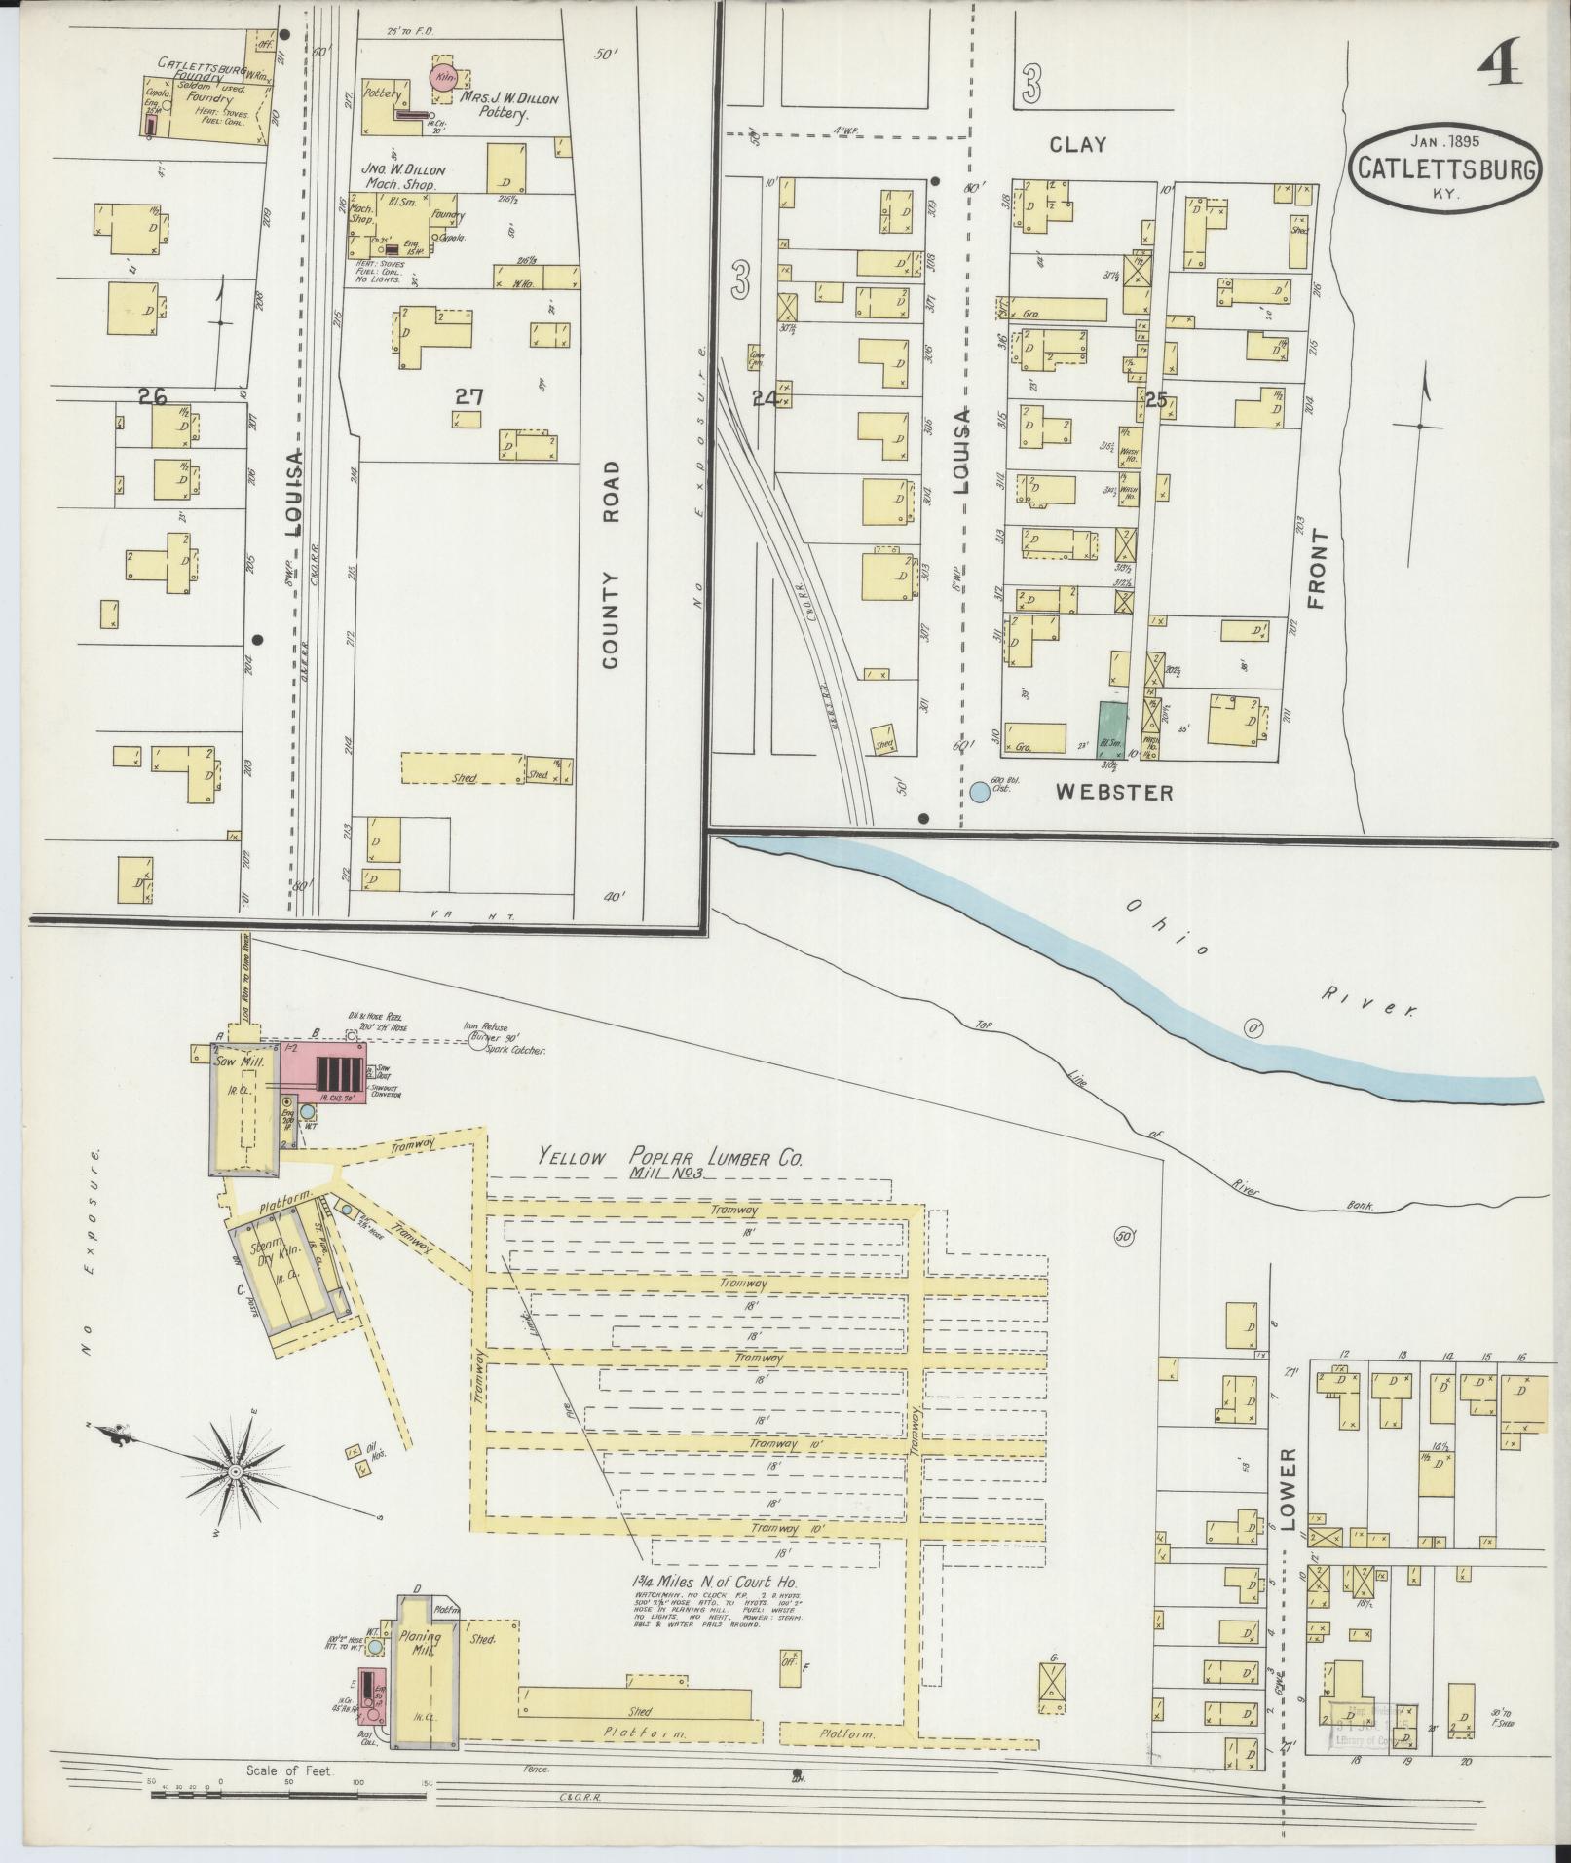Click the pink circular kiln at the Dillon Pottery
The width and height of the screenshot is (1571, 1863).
442,78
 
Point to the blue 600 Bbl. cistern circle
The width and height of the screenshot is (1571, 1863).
979,792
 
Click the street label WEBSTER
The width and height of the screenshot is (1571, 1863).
1114,793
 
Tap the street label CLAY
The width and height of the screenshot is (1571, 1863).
1078,144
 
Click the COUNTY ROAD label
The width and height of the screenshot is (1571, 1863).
611,565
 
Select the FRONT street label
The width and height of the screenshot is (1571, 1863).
1319,569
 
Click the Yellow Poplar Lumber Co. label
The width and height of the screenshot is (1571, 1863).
671,1158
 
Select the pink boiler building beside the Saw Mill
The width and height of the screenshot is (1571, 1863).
322,1073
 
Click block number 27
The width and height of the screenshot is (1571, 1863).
469,396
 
